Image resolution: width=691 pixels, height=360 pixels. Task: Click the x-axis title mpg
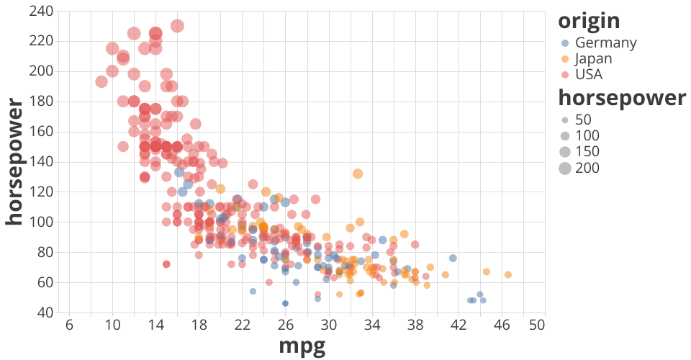point(302,346)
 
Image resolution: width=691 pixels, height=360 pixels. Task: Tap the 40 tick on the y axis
point(45,312)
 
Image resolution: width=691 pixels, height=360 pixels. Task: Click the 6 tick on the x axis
point(69,325)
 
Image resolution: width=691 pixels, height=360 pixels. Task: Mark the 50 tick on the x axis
point(535,325)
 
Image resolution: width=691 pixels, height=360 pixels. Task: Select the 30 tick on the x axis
point(329,325)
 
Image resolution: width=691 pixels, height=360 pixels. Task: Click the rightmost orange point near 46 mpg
point(508,275)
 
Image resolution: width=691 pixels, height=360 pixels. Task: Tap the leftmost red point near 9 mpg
point(101,82)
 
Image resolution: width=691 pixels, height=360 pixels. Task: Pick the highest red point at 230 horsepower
point(177,26)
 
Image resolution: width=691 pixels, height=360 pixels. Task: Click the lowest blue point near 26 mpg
point(285,303)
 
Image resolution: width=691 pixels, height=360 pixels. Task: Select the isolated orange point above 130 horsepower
point(358,174)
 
